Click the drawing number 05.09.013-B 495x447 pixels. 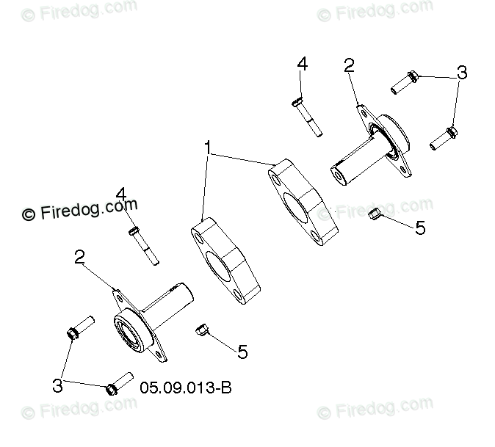186,388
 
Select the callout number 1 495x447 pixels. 207,148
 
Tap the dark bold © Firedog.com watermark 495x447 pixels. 79,209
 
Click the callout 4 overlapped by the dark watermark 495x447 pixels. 121,195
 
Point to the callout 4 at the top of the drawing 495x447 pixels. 302,64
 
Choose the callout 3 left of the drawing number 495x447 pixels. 57,385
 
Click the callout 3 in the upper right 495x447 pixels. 462,72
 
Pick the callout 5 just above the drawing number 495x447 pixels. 242,352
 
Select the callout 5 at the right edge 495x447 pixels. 420,228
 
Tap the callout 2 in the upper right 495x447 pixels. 349,65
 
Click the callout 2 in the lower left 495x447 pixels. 79,257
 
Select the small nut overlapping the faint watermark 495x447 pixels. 375,214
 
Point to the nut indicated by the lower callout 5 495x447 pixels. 201,330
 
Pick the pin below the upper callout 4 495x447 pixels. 307,117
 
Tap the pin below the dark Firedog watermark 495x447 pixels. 144,246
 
